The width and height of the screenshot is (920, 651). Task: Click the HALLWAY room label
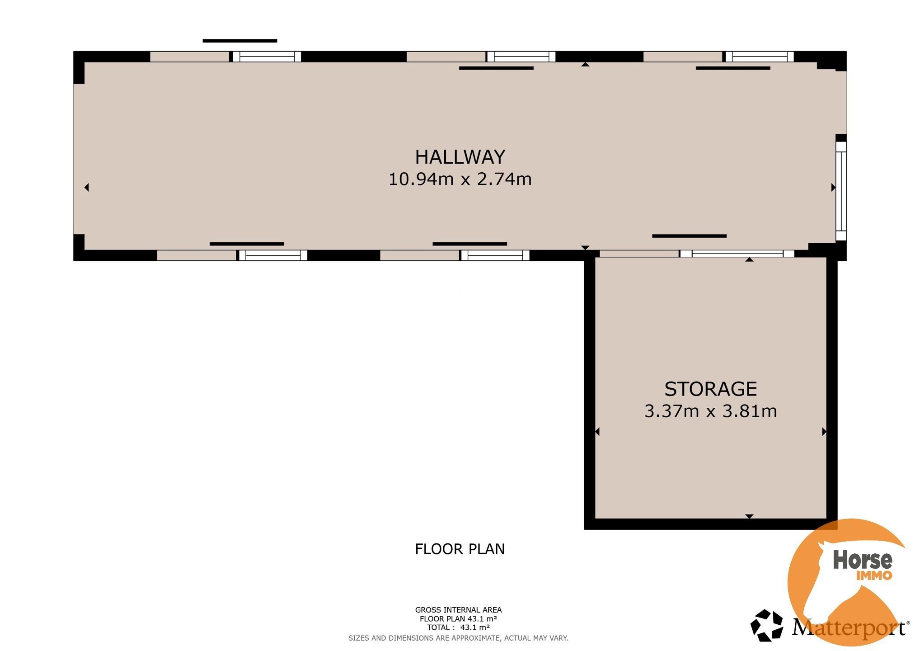[x=460, y=157]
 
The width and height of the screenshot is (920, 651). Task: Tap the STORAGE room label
[x=710, y=389]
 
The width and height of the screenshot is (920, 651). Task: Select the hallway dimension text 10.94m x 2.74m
[x=460, y=179]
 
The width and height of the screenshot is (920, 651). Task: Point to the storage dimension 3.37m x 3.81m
[x=710, y=411]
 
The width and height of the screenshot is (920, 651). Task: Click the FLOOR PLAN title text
[x=460, y=549]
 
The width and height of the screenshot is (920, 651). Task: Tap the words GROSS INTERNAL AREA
[x=458, y=610]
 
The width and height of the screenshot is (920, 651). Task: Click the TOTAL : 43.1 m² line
[x=458, y=627]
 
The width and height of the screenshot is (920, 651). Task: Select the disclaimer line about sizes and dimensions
[x=458, y=638]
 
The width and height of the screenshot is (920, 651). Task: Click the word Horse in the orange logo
[x=862, y=560]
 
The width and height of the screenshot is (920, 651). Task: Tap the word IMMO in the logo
[x=874, y=576]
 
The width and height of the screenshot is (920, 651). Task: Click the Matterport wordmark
[x=850, y=628]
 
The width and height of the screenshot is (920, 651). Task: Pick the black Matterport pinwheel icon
[x=766, y=626]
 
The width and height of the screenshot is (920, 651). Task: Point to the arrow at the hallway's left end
[x=86, y=187]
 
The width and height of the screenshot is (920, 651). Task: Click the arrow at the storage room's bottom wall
[x=749, y=516]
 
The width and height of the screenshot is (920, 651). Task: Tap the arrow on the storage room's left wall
[x=597, y=432]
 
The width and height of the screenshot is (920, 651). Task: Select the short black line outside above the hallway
[x=239, y=41]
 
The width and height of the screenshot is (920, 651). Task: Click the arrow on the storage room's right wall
[x=824, y=432]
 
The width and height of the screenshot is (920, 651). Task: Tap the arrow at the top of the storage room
[x=749, y=259]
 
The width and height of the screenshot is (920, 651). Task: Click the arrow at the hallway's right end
[x=833, y=187]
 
